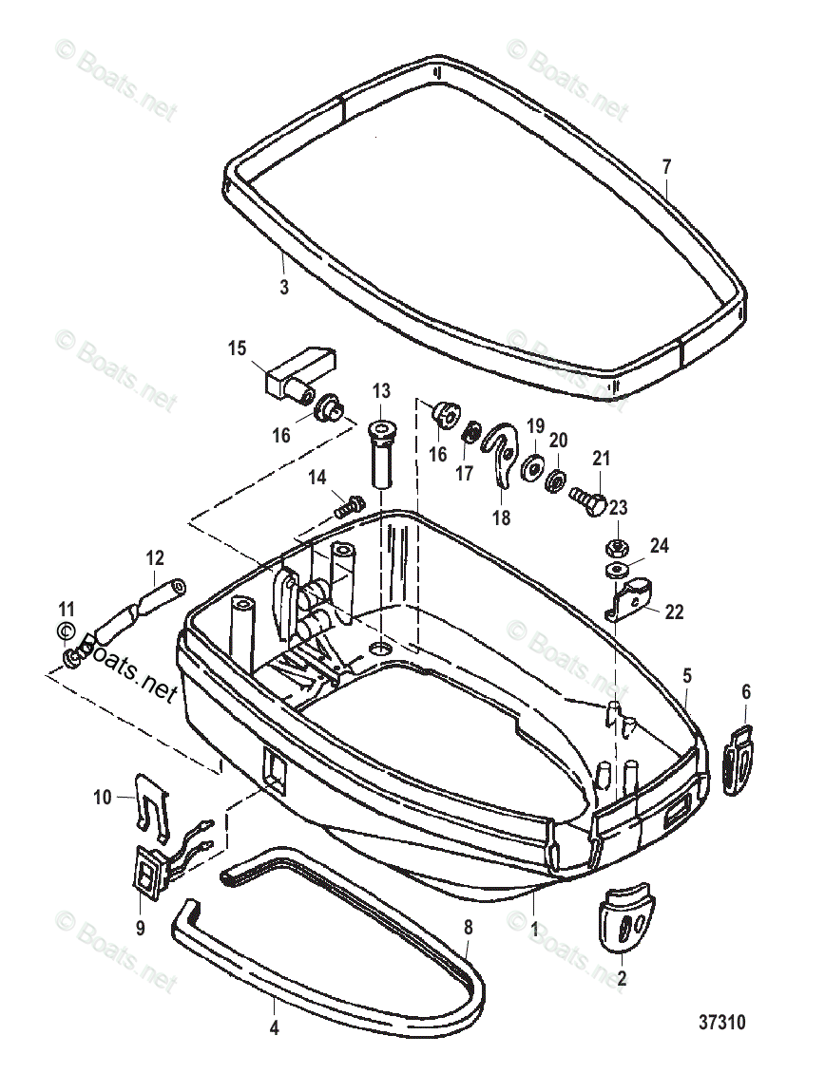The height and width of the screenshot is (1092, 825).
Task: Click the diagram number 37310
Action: pos(722,1023)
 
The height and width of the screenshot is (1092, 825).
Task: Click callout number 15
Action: pos(237,348)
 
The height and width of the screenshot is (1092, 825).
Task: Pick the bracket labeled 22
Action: pos(627,600)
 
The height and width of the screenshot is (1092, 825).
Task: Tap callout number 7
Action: pos(666,167)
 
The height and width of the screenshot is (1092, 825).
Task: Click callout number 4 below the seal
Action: pos(275,1026)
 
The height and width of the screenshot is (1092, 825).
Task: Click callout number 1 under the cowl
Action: pos(533,933)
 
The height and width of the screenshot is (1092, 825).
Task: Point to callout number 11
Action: pos(66,609)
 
